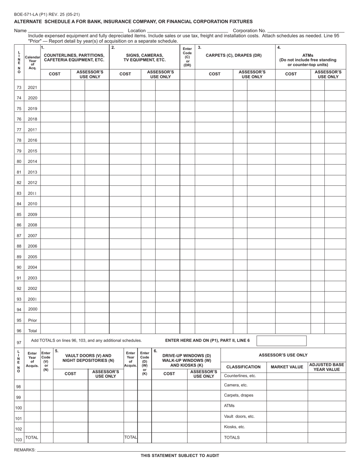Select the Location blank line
[x=187, y=31]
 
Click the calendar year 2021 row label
[x=32, y=88]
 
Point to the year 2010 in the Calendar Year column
[x=32, y=204]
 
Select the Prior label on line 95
[x=32, y=320]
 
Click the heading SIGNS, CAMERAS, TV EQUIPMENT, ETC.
[x=144, y=58]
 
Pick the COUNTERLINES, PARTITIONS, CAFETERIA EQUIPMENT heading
[x=74, y=58]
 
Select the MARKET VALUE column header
[x=287, y=367]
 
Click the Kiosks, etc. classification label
[x=235, y=427]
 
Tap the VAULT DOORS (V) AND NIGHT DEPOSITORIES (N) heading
[x=88, y=358]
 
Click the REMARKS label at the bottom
[x=25, y=450]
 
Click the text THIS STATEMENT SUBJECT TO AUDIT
[x=180, y=455]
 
